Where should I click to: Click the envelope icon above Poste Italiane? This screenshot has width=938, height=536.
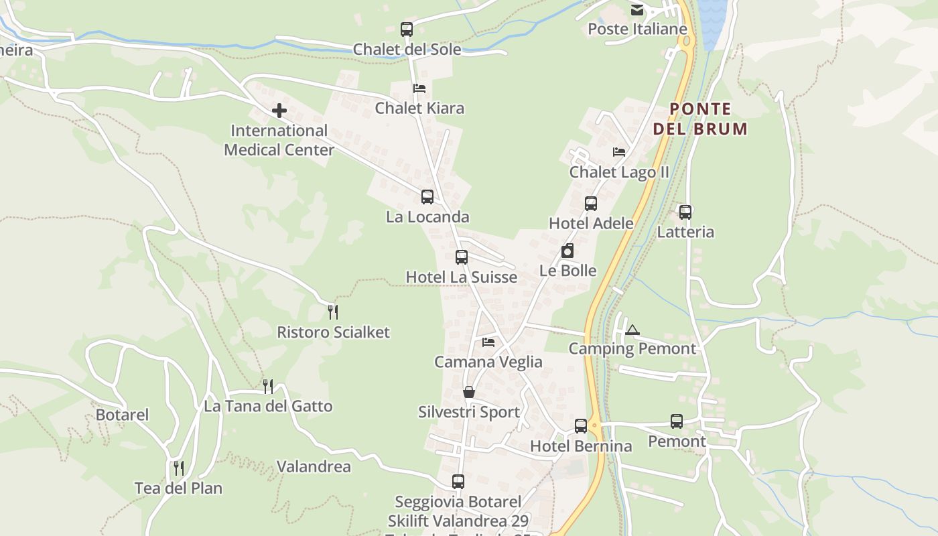636,10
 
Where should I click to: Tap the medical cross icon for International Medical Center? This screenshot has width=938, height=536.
279,111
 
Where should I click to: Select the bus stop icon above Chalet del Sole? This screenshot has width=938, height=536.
407,29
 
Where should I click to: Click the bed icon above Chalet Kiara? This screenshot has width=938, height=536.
419,88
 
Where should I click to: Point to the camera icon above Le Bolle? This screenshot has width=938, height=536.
567,251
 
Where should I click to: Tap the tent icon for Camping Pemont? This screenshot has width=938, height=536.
632,330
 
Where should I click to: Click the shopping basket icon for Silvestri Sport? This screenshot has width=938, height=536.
469,392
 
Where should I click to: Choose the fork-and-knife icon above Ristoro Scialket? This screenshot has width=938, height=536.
333,312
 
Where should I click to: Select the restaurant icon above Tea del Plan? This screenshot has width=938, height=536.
178,468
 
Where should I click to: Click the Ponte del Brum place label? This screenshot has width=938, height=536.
700,119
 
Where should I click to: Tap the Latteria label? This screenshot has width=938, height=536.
685,232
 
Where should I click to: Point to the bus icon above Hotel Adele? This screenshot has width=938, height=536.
591,204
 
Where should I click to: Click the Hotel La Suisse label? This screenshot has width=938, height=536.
462,277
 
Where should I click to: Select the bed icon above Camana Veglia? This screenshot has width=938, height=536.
488,342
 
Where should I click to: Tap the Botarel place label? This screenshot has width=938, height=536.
122,415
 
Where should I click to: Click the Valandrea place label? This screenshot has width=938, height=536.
314,466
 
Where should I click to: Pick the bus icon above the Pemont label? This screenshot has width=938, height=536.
677,421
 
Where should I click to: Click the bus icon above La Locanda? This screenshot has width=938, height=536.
427,197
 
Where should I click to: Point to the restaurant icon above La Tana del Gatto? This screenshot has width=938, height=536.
268,386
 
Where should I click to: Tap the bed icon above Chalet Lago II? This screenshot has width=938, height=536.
619,152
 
